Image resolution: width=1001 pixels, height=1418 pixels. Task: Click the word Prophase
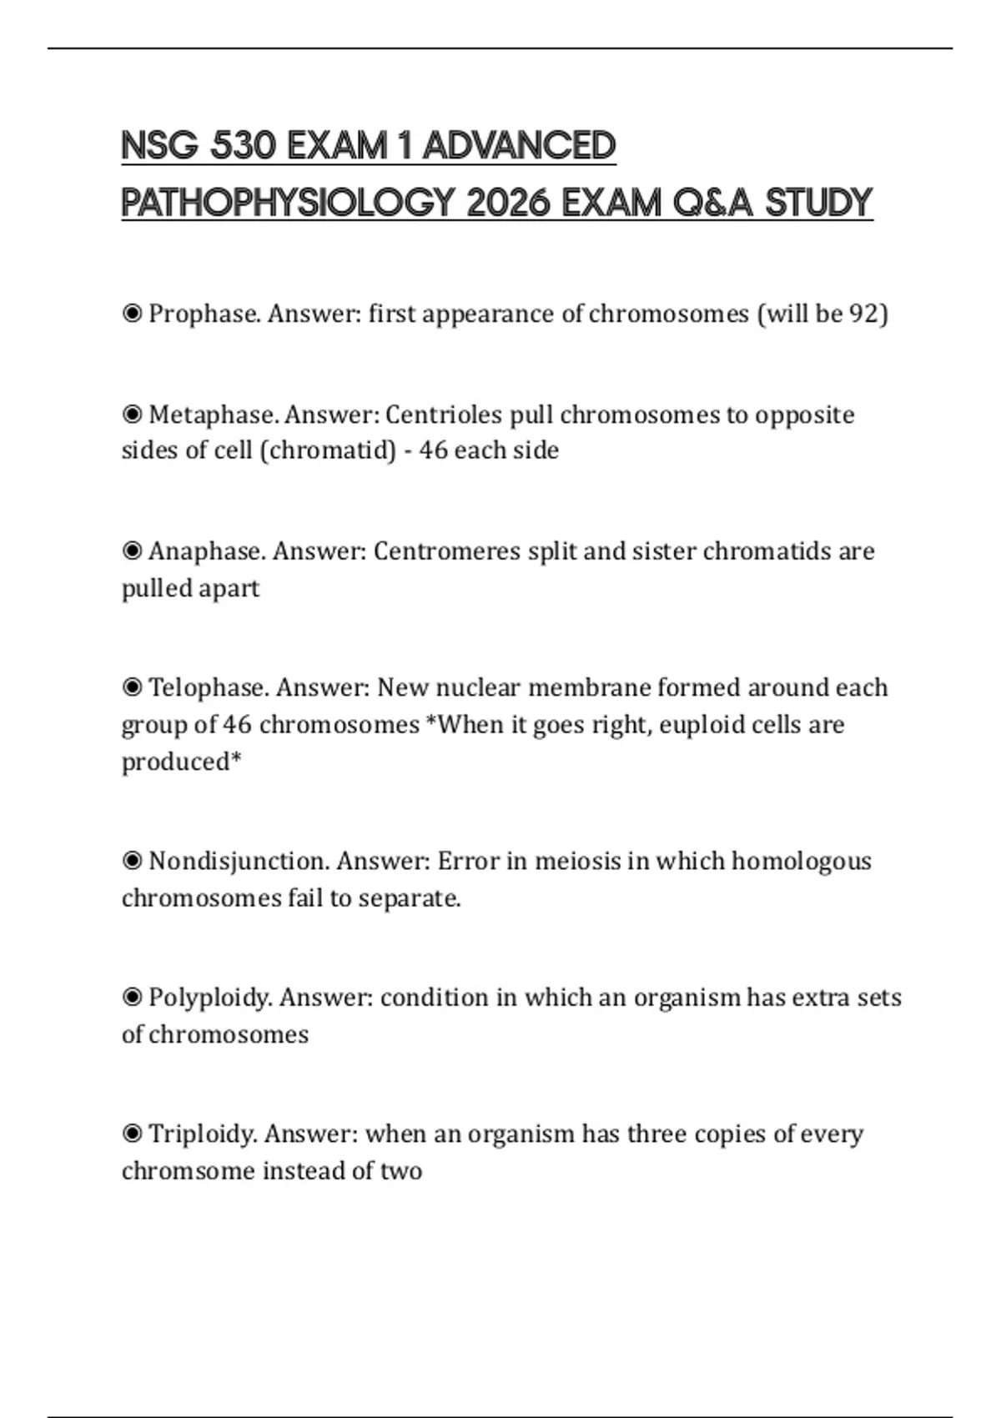pyautogui.click(x=204, y=314)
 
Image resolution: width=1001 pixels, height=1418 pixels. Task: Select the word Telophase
pyautogui.click(x=208, y=687)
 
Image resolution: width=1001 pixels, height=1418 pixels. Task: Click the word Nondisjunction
pyautogui.click(x=239, y=861)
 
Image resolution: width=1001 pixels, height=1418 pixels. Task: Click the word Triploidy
pyautogui.click(x=203, y=1134)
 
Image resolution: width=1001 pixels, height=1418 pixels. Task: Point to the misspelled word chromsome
pyautogui.click(x=189, y=1171)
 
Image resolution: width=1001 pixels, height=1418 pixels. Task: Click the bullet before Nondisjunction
pyautogui.click(x=132, y=861)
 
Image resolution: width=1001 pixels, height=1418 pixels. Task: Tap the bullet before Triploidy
pyautogui.click(x=132, y=1134)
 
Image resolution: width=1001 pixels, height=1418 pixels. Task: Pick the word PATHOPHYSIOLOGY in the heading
pyautogui.click(x=288, y=203)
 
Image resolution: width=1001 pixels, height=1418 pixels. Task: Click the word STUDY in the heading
pyautogui.click(x=818, y=203)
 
